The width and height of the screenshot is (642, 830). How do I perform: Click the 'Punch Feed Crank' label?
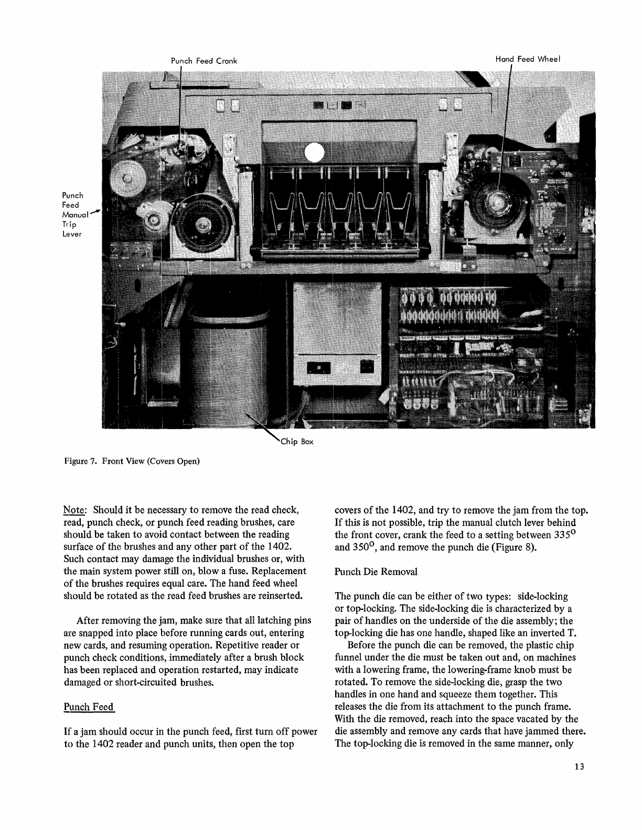204,61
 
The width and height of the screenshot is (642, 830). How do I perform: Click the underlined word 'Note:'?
75,510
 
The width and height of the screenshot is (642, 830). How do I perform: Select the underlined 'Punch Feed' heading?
88,707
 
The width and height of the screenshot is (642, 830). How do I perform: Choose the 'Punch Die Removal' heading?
376,572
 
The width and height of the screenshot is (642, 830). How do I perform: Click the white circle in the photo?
315,153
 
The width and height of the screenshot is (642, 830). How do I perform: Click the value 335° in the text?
565,534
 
